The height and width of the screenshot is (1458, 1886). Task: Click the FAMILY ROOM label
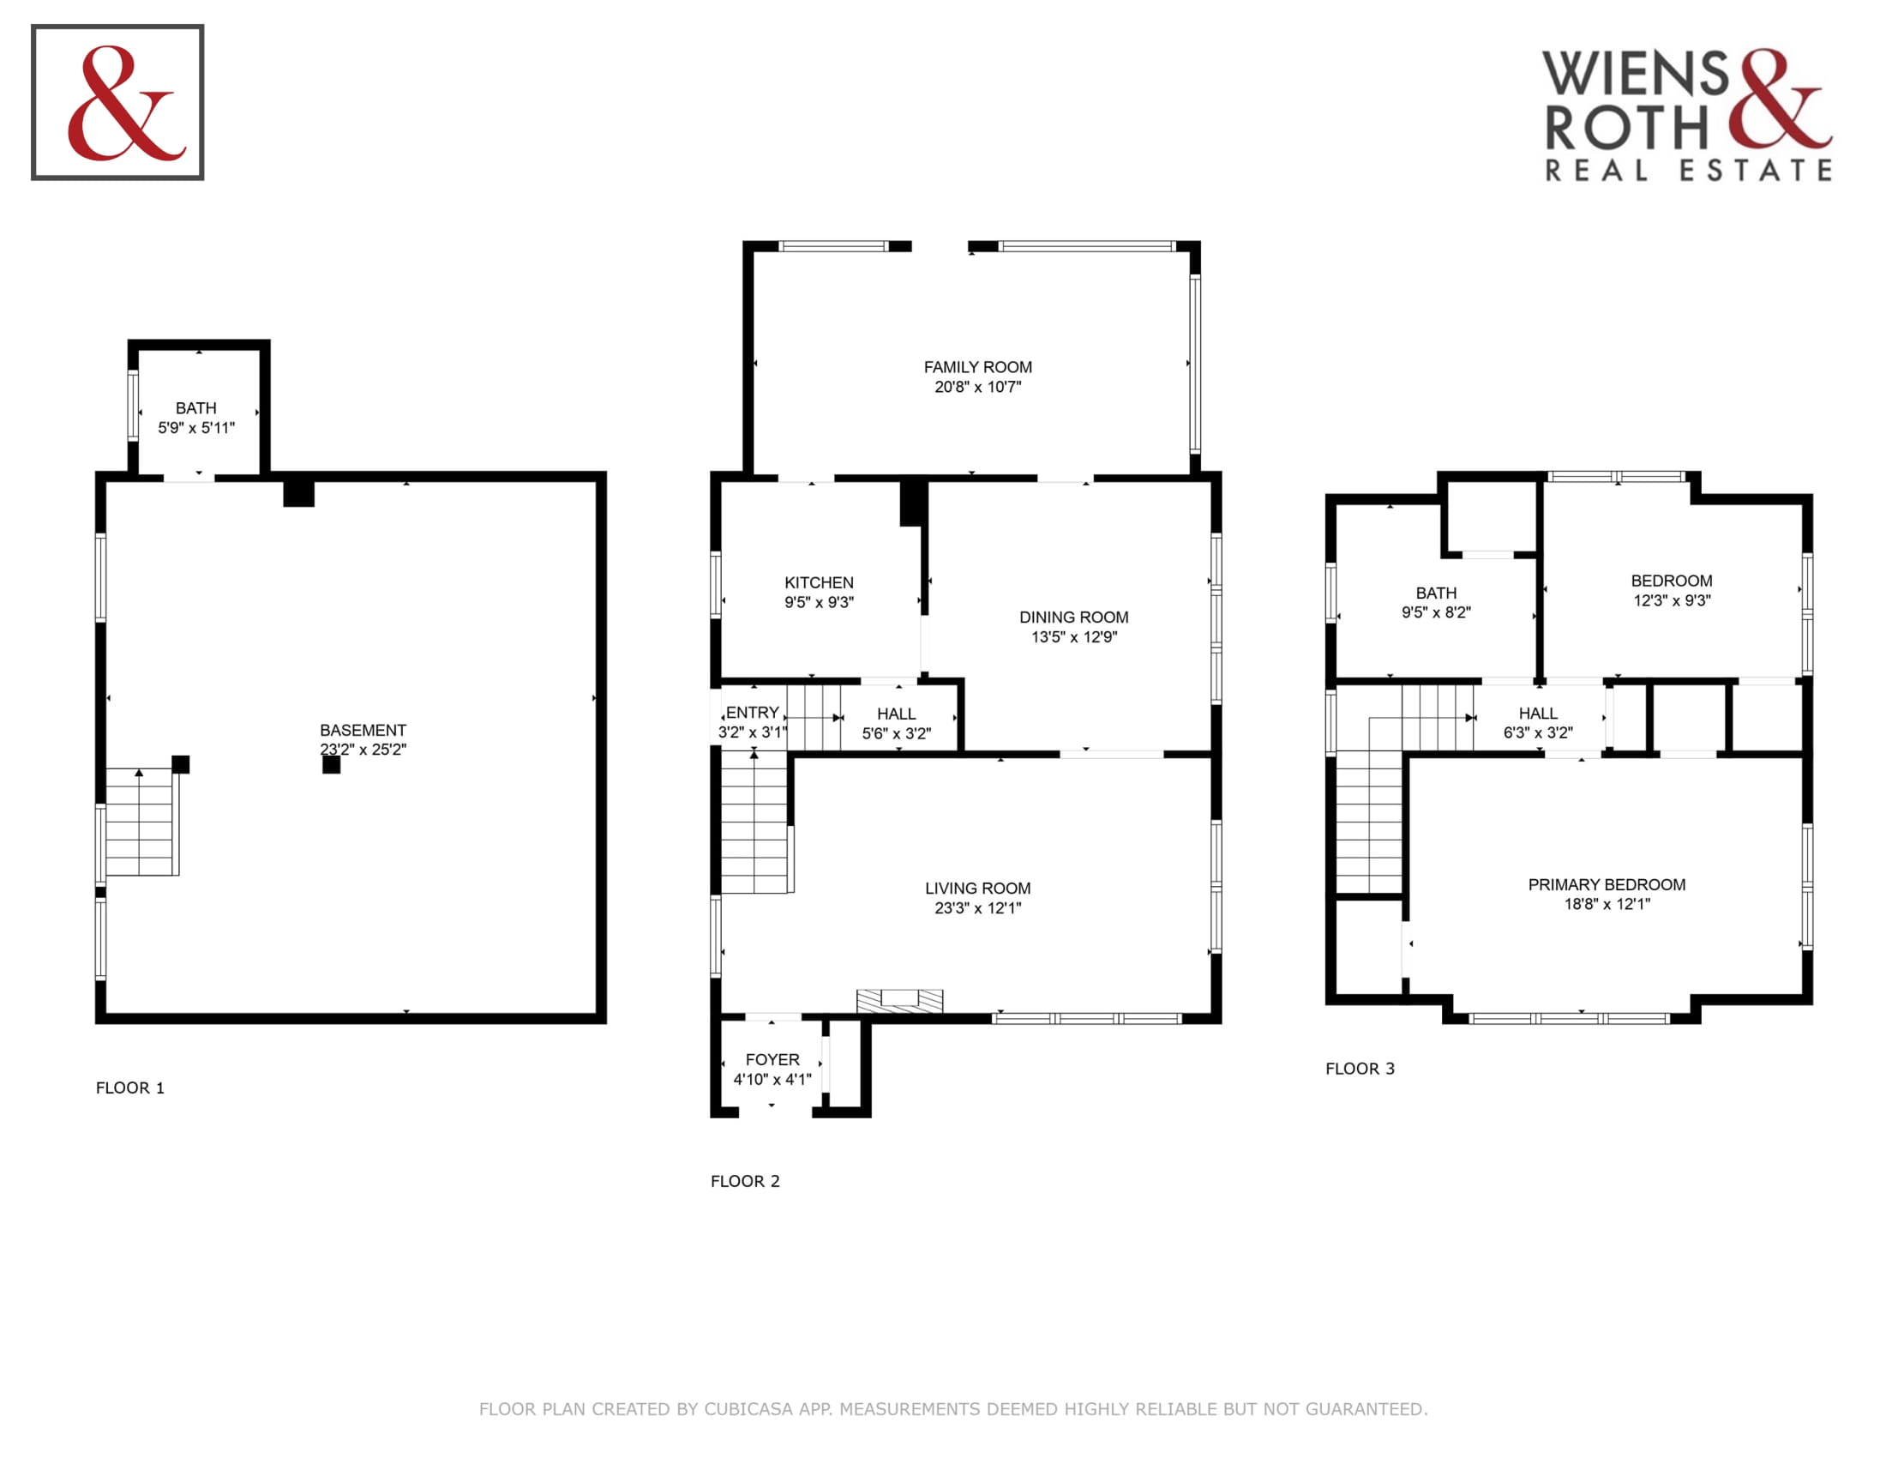point(977,367)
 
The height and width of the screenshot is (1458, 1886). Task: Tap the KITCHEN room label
point(819,583)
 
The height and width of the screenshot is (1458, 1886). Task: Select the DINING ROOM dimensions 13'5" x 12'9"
point(1074,636)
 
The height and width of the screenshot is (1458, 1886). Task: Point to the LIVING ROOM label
point(977,888)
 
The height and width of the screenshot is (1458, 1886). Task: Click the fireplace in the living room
point(899,1000)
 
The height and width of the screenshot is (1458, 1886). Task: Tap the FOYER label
point(772,1059)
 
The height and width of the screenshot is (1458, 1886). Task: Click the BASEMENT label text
point(363,730)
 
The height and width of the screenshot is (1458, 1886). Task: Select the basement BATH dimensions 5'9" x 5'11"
point(196,428)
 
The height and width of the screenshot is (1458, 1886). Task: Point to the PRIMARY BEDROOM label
point(1607,884)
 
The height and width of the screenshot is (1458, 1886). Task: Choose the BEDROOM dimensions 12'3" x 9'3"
point(1672,600)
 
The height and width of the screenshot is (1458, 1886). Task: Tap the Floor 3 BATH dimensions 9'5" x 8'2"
point(1436,612)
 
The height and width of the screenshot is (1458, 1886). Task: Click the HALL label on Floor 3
point(1538,714)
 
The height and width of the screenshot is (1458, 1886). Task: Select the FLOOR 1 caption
point(129,1087)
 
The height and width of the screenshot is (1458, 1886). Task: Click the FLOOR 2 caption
point(744,1181)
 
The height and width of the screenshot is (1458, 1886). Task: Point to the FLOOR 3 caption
point(1360,1069)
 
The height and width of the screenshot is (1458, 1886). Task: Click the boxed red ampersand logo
point(117,102)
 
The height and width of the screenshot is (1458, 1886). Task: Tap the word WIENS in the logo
point(1636,75)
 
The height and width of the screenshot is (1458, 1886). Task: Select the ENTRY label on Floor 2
point(752,713)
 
